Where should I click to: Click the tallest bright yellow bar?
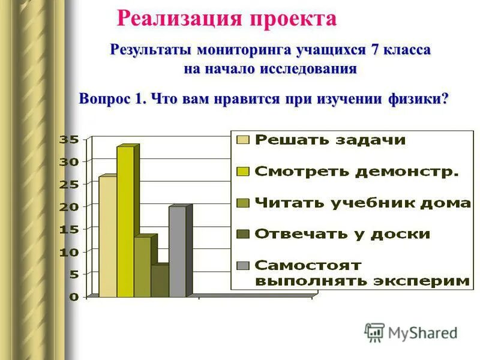point(125,222)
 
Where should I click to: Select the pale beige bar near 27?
point(107,236)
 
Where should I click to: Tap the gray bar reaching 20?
point(177,252)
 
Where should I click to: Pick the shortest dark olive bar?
point(160,281)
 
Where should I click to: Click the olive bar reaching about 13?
point(142,267)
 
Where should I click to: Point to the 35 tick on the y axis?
point(68,139)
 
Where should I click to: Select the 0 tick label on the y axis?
point(73,296)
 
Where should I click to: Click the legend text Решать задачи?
point(331,140)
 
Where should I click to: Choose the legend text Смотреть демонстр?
point(357,172)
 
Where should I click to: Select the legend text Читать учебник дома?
point(363,203)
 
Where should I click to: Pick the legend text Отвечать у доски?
point(343,234)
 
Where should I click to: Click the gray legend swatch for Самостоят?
point(243,265)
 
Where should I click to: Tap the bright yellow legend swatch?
point(243,172)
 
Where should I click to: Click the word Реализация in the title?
point(177,19)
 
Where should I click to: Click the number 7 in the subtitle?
point(375,50)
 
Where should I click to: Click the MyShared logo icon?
point(374,332)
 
